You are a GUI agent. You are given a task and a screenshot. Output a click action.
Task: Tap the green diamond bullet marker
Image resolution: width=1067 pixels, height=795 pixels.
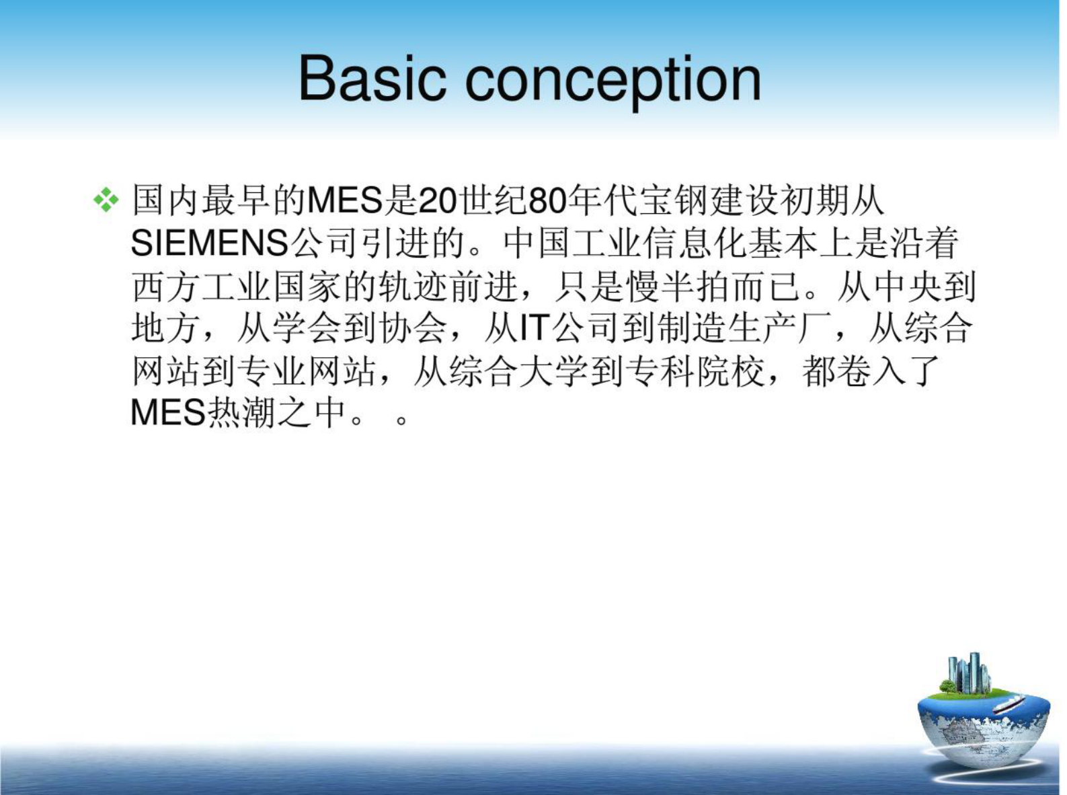106,200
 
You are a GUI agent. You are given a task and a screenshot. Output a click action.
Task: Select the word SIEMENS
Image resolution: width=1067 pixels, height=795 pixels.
209,243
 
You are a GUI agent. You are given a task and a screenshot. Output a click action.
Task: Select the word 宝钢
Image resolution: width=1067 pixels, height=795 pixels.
673,200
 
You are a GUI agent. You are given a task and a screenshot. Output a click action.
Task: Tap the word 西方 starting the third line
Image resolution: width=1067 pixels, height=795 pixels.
166,287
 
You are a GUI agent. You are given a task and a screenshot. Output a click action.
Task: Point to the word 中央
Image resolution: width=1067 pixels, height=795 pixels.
908,287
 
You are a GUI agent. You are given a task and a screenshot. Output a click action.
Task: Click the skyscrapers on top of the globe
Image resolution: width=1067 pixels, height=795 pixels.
968,673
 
